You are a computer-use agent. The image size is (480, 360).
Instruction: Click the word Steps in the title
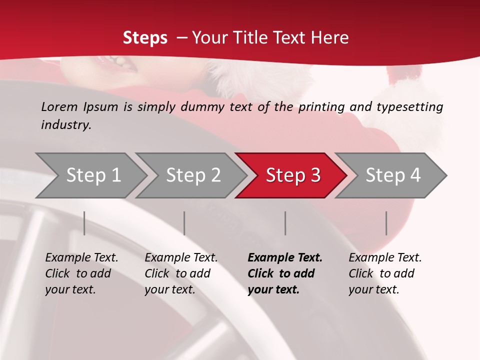tap(145, 37)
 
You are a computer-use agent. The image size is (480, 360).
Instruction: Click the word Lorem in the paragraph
tap(59, 106)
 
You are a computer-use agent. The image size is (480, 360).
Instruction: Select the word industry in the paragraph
tap(65, 125)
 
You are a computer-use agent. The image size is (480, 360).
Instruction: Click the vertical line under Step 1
tap(84, 223)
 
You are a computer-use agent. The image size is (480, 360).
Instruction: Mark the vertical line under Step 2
tap(184, 223)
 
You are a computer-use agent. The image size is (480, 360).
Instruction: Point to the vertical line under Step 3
tap(285, 223)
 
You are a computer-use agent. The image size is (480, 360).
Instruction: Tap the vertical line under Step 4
tap(386, 223)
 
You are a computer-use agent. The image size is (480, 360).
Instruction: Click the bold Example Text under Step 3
tap(285, 258)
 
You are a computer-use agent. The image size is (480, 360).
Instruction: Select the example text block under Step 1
tap(81, 273)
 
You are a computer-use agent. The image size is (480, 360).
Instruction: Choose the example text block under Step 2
tap(181, 273)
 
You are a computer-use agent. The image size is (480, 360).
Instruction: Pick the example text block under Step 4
tap(385, 273)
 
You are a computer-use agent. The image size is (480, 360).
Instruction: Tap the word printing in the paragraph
tap(321, 106)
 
